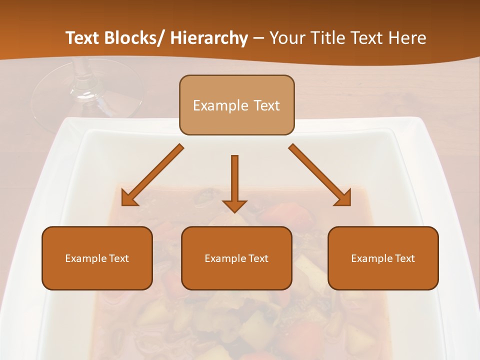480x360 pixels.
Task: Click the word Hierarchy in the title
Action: tap(209, 38)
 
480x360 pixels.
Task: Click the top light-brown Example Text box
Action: tap(236, 105)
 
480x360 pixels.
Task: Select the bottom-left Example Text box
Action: tap(97, 258)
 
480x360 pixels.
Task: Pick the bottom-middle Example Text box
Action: tap(236, 258)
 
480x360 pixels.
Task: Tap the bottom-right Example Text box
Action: tap(383, 258)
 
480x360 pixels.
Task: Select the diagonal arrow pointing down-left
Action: tap(152, 175)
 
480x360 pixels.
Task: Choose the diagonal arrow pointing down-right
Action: tap(320, 175)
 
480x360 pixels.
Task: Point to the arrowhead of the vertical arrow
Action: tap(234, 205)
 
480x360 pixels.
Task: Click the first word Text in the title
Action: tap(83, 38)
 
